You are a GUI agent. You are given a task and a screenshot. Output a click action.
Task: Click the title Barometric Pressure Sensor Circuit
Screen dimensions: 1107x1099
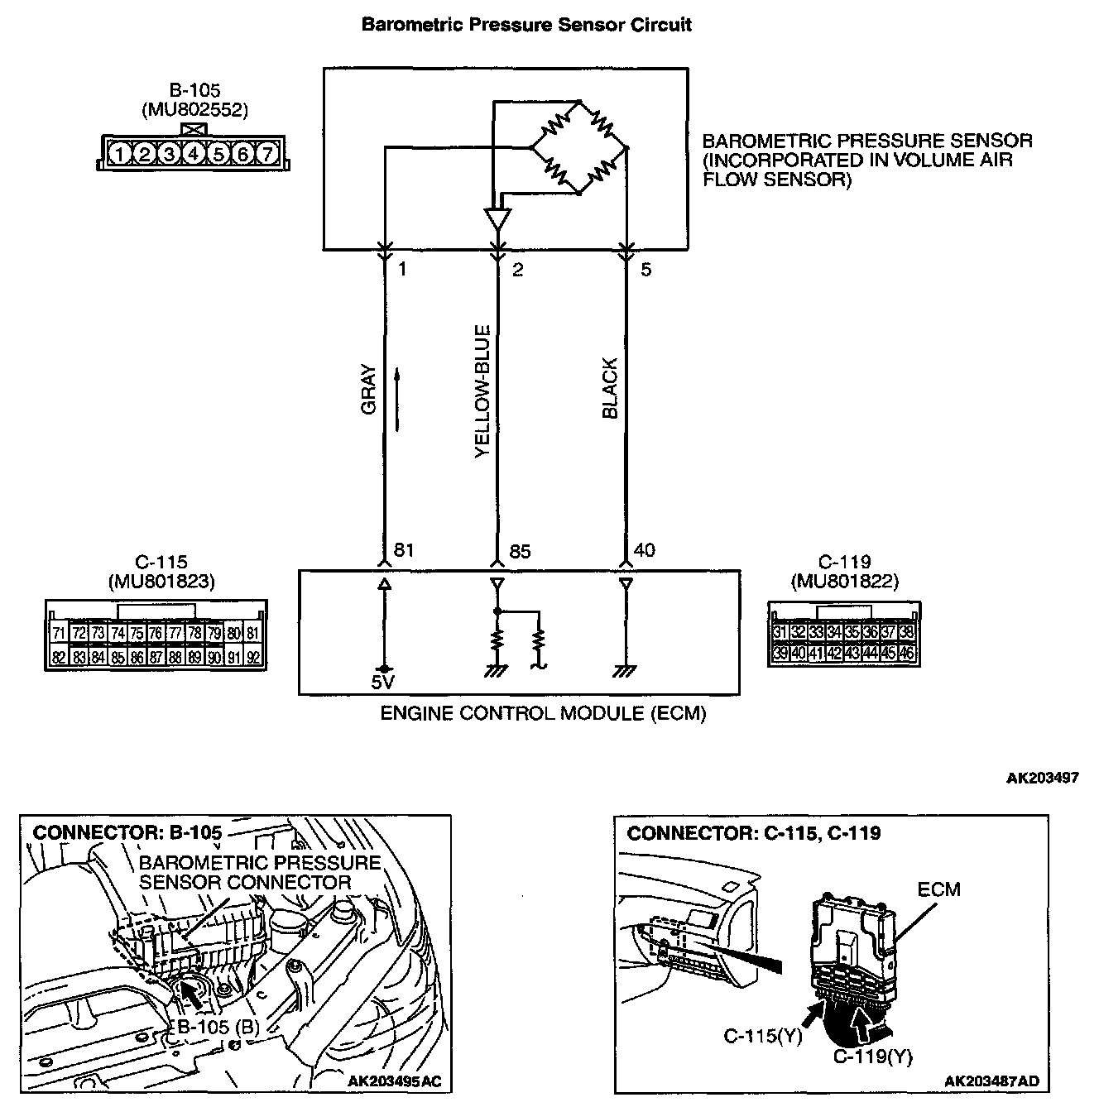[x=526, y=25]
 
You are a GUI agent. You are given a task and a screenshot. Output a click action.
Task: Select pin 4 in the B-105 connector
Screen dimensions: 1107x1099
[x=194, y=154]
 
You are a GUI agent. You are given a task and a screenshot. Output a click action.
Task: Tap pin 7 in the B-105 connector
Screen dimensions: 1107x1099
[x=266, y=154]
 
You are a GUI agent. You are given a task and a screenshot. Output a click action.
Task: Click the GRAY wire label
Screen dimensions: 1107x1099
[x=369, y=389]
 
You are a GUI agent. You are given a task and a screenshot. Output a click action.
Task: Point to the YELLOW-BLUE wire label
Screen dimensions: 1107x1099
[x=482, y=391]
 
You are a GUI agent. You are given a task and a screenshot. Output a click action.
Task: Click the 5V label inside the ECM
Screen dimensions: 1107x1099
[x=383, y=684]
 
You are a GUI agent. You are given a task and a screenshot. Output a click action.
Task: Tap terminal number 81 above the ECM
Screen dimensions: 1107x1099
[x=405, y=550]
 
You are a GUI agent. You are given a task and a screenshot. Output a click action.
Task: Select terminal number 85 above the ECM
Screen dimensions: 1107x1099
[x=520, y=551]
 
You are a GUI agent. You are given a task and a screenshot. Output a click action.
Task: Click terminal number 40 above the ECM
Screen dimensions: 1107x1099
[x=644, y=550]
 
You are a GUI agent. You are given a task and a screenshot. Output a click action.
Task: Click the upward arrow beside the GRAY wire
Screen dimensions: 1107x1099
[x=398, y=400]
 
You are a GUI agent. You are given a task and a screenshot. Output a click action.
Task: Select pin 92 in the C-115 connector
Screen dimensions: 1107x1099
[x=254, y=659]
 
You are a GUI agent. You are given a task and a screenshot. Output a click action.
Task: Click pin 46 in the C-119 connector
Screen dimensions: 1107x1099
[x=907, y=654]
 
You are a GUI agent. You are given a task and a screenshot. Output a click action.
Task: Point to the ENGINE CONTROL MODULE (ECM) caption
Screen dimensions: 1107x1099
[x=543, y=713]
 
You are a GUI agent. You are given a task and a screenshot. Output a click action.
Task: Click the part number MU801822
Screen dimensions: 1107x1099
[x=844, y=582]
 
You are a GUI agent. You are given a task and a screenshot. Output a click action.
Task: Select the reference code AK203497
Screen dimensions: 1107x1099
[x=1042, y=778]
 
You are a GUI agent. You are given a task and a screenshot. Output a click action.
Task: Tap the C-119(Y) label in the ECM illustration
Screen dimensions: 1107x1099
[x=872, y=1057]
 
